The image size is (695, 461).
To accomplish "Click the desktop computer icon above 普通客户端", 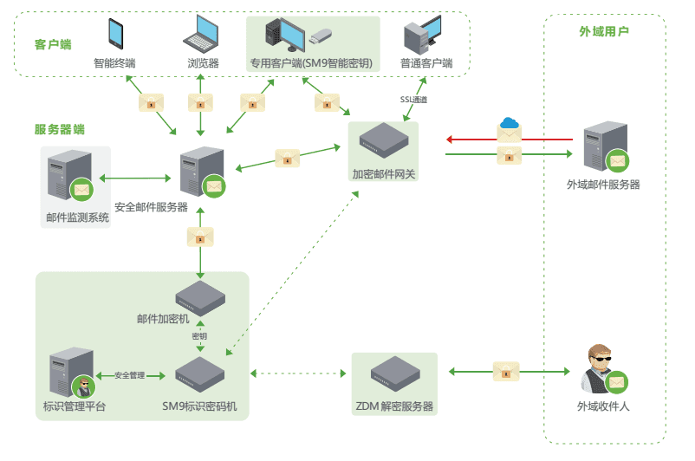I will click(425, 36).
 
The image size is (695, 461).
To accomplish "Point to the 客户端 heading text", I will click(53, 43).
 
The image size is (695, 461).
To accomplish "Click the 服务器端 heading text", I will click(60, 129).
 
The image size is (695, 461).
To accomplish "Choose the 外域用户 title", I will click(603, 31).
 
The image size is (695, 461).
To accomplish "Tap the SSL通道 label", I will click(413, 100).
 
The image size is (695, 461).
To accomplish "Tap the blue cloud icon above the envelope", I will click(509, 123).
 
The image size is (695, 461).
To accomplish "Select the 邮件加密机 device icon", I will click(201, 297).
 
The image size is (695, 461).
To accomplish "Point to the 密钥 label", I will click(200, 335).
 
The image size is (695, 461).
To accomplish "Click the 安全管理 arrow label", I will click(129, 375).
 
